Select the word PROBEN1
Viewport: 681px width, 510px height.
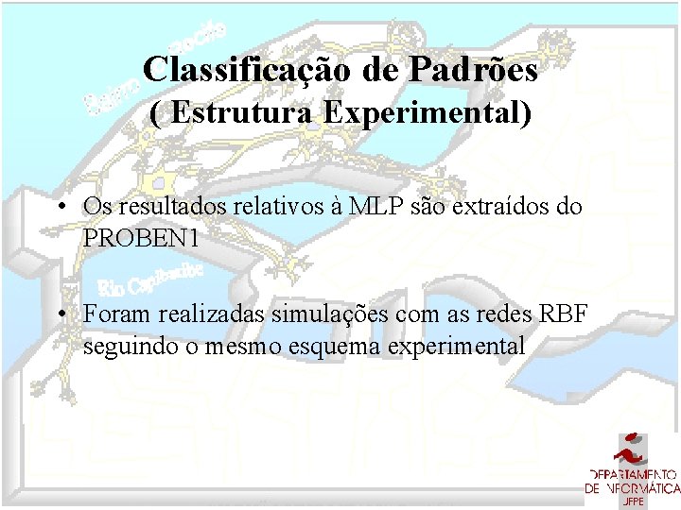[141, 239]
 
